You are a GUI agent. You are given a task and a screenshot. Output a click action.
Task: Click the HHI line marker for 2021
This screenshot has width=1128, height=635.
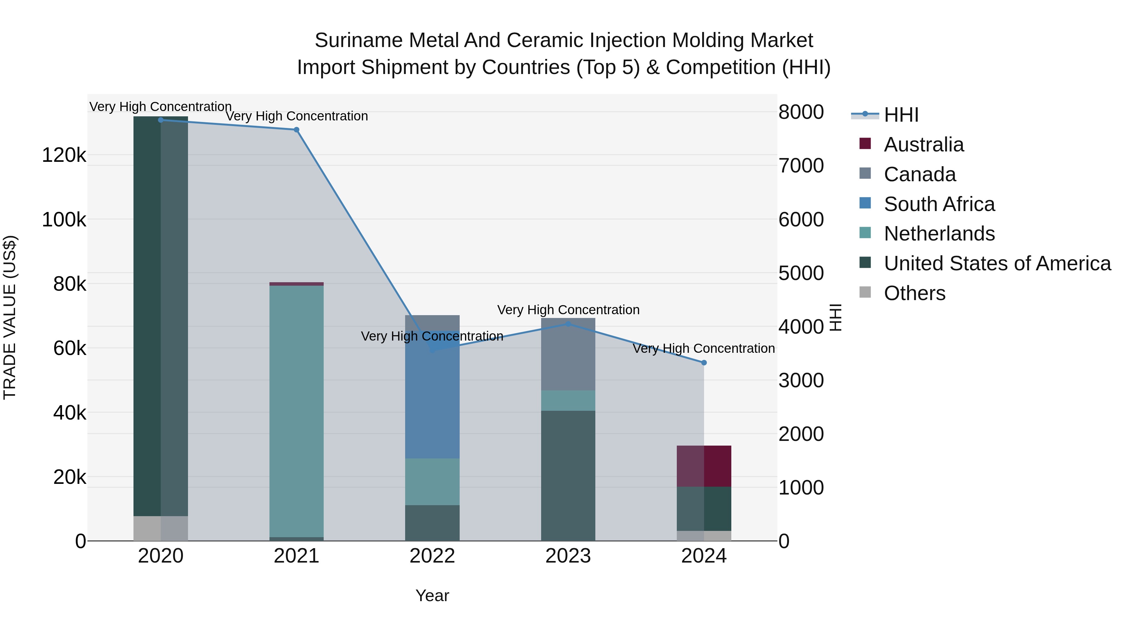pyautogui.click(x=296, y=130)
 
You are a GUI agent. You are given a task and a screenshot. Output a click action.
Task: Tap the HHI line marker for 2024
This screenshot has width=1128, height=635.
pyautogui.click(x=704, y=362)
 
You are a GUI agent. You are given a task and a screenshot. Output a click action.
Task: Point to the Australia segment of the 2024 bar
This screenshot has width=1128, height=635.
pyautogui.click(x=704, y=466)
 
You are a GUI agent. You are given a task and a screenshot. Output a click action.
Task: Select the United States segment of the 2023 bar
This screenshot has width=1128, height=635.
pyautogui.click(x=568, y=475)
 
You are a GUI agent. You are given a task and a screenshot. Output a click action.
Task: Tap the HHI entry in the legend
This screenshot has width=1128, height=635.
pyautogui.click(x=901, y=115)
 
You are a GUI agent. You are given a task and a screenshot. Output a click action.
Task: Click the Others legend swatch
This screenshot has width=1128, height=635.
pyautogui.click(x=865, y=292)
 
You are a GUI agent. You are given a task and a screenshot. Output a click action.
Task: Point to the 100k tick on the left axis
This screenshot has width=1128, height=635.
pyautogui.click(x=64, y=220)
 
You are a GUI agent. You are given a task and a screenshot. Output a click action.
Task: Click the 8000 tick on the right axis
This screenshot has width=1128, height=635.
pyautogui.click(x=801, y=112)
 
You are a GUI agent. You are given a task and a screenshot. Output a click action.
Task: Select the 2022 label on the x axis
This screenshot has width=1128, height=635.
pyautogui.click(x=432, y=556)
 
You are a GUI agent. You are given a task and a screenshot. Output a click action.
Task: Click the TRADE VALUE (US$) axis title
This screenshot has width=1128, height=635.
pyautogui.click(x=10, y=317)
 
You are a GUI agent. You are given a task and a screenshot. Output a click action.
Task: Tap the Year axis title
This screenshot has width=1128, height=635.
pyautogui.click(x=432, y=595)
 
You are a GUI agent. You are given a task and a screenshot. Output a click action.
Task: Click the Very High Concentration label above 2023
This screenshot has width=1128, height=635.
pyautogui.click(x=568, y=310)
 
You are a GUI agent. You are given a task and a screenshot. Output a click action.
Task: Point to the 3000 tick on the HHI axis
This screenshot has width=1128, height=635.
pyautogui.click(x=801, y=380)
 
